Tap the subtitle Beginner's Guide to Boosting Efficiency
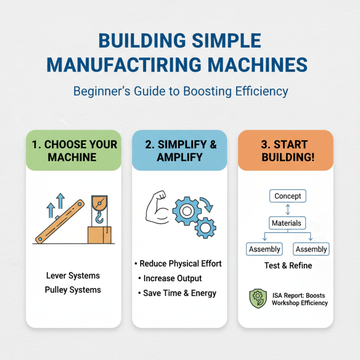pyautogui.click(x=180, y=91)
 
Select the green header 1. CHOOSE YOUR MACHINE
pyautogui.click(x=73, y=151)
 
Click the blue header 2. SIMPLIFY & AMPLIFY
pyautogui.click(x=180, y=151)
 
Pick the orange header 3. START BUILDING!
pyautogui.click(x=286, y=151)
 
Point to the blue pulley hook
pyautogui.click(x=99, y=218)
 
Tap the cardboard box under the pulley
pyautogui.click(x=99, y=234)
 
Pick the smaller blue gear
pyautogui.click(x=205, y=227)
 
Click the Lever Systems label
pyautogui.click(x=73, y=275)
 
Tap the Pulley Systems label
pyautogui.click(x=73, y=290)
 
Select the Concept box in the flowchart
pyautogui.click(x=288, y=196)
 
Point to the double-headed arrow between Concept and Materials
pyautogui.click(x=288, y=209)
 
